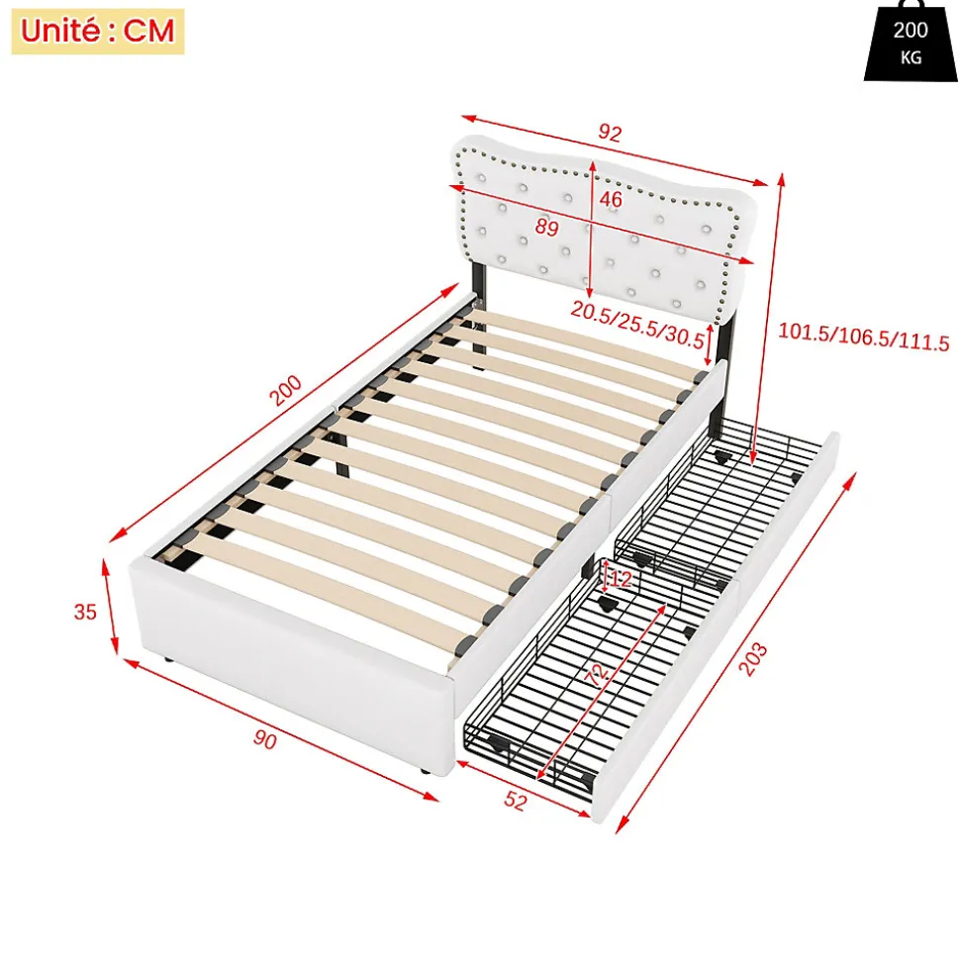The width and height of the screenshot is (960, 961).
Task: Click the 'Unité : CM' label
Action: (x=97, y=31)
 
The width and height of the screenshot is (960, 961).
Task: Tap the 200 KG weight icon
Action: (x=911, y=42)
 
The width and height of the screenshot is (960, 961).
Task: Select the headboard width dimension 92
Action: (x=610, y=133)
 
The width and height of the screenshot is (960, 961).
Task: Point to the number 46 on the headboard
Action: (x=611, y=199)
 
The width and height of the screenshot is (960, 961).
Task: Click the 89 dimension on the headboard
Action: (x=547, y=228)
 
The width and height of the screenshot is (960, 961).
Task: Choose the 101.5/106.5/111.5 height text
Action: (x=863, y=336)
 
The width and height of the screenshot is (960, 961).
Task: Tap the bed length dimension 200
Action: (x=286, y=390)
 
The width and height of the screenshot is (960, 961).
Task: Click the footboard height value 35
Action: (x=85, y=612)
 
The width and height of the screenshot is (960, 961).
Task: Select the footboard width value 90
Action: (x=265, y=739)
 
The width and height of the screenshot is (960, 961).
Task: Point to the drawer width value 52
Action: (x=515, y=801)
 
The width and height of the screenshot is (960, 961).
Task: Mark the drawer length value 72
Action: (x=597, y=674)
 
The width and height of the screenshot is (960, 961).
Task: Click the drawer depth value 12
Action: (x=622, y=579)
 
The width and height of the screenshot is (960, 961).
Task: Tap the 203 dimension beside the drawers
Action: (x=753, y=659)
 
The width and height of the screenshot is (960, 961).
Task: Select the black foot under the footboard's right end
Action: (x=424, y=770)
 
